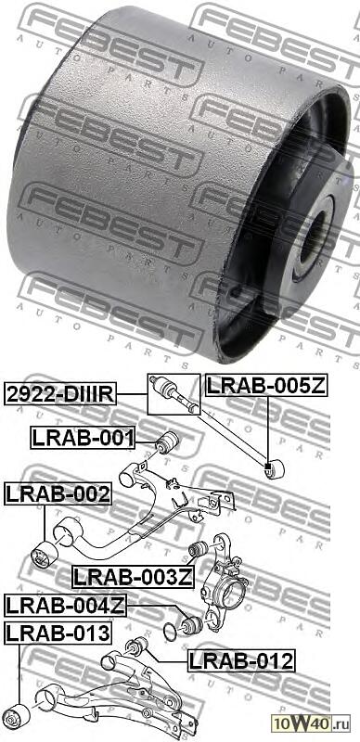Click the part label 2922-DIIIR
(61, 394)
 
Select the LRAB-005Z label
(265, 385)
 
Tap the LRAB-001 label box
(84, 437)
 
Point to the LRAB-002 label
(58, 494)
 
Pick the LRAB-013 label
(58, 633)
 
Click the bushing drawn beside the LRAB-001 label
(168, 439)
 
